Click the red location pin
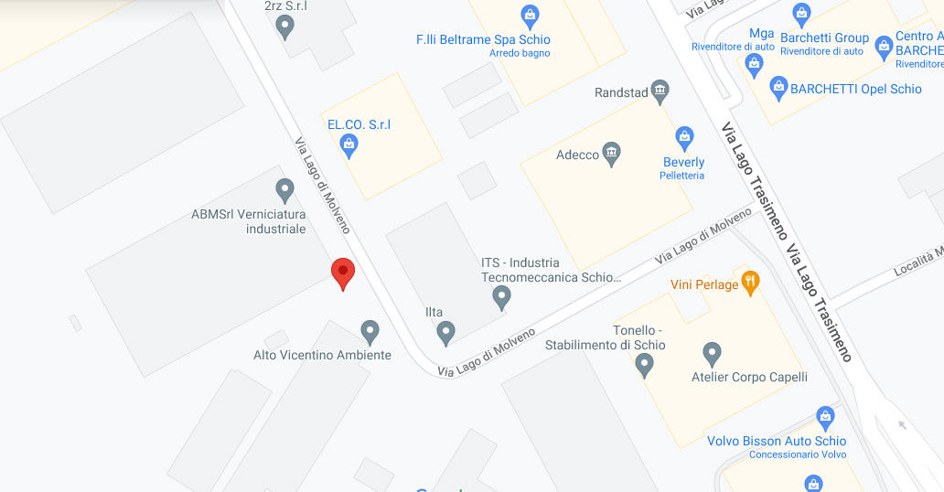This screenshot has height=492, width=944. coord(342,273)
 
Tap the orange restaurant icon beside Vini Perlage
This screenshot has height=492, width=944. coord(750,282)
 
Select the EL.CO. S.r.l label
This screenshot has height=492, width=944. coord(359,124)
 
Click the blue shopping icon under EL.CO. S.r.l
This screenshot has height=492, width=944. coord(349,144)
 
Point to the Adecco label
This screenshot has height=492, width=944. coord(578,155)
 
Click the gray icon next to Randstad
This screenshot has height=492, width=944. coord(660,91)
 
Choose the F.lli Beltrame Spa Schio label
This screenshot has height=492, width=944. coord(483,40)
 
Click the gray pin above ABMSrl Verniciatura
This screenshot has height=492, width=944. coord(284,190)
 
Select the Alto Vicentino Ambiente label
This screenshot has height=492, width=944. coord(322,355)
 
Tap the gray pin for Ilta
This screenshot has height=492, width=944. coord(445,332)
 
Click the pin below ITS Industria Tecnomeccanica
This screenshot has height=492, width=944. coord(501,297)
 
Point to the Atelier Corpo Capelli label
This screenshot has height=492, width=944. coord(749,377)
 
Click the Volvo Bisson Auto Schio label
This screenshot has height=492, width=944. coord(777,441)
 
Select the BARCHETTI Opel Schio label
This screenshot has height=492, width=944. coord(856,90)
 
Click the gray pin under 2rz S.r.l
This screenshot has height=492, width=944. coord(285,27)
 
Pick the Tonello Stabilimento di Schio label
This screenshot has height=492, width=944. coord(606,337)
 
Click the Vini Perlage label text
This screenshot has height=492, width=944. coord(704,284)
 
